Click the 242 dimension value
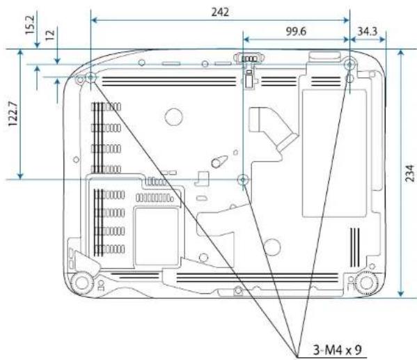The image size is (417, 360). tap(220, 12)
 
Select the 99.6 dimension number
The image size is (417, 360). tap(296, 31)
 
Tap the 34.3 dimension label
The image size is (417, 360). tap(368, 31)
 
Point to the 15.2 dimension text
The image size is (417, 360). tap(30, 25)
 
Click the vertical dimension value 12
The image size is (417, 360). tap(50, 35)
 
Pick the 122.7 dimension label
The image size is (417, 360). tap(13, 114)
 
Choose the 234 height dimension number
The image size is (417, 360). tap(410, 173)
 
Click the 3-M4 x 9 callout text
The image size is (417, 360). tap(337, 350)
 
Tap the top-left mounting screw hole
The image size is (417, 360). tap(91, 78)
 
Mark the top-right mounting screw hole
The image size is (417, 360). tap(349, 64)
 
